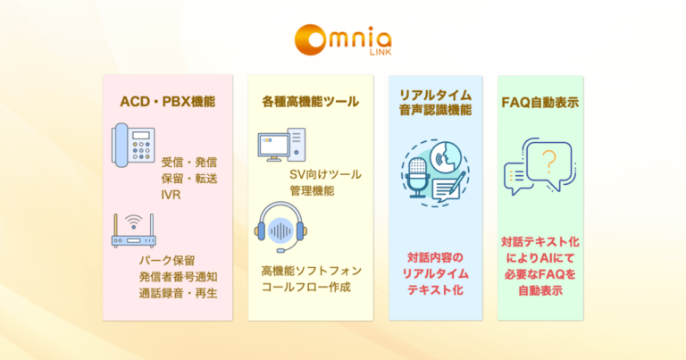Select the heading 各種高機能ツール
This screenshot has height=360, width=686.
tap(310, 102)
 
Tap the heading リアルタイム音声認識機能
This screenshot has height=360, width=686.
tap(438, 102)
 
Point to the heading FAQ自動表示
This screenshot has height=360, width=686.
tap(542, 102)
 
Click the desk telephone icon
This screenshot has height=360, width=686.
tap(133, 147)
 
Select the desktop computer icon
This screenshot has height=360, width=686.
tap(281, 147)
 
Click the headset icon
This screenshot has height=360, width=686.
tap(280, 227)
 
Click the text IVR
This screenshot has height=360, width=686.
tap(171, 194)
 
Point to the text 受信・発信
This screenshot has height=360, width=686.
tap(189, 162)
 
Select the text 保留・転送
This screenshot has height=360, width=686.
tap(189, 178)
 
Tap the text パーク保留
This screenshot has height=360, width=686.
tap(156, 260)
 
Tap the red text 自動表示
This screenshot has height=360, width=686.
tap(540, 290)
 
